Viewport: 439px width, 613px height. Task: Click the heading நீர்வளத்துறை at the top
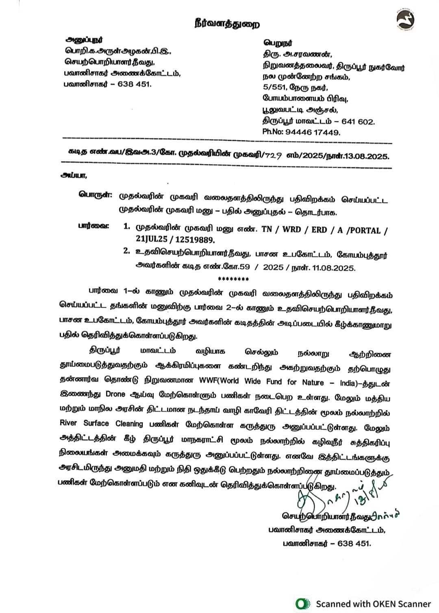coord(227,24)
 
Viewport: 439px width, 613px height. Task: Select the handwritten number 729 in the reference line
coord(273,155)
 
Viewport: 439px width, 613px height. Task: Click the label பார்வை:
coord(93,227)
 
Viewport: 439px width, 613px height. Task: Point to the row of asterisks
coord(233,279)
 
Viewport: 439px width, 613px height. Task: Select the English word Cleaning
coord(129,424)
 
